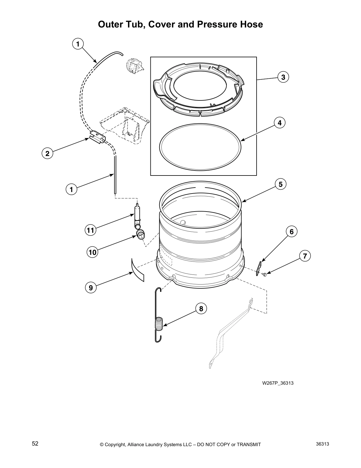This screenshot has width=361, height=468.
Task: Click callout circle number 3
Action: coord(283,77)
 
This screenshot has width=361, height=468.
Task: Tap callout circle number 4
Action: coord(280,123)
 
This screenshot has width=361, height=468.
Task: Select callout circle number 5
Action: coord(280,184)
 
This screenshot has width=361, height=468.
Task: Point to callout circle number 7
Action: coord(305,256)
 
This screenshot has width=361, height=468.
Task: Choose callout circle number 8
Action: coord(201,309)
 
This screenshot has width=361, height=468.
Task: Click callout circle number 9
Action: coord(91,287)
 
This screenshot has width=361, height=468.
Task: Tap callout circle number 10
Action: coord(92,252)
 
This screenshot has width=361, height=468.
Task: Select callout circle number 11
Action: coord(91,230)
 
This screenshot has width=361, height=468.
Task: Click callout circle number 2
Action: coord(47,153)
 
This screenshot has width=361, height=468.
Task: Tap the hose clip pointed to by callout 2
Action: coord(98,137)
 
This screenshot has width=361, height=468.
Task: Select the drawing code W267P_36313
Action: coord(278,383)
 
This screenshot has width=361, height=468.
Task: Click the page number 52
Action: coord(35,443)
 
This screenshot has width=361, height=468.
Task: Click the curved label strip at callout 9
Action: coord(137,269)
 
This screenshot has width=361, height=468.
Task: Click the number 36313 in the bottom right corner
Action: coord(322,444)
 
